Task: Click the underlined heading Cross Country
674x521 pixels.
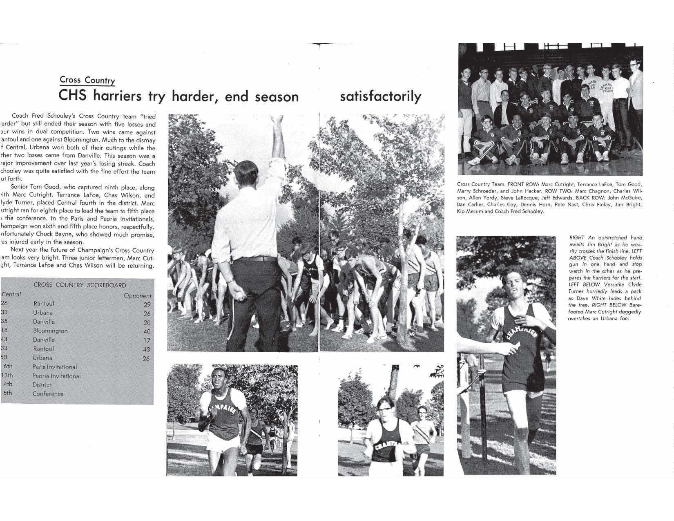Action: (87, 80)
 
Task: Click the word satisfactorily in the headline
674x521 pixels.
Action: (380, 96)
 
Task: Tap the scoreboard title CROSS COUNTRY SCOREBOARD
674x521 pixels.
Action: (80, 285)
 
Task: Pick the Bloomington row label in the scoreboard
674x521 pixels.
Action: (50, 331)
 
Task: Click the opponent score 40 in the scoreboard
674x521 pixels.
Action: (147, 331)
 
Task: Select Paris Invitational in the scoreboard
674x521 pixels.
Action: (54, 367)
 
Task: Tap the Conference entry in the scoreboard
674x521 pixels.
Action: (48, 394)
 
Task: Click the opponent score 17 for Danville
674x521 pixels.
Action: (147, 340)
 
